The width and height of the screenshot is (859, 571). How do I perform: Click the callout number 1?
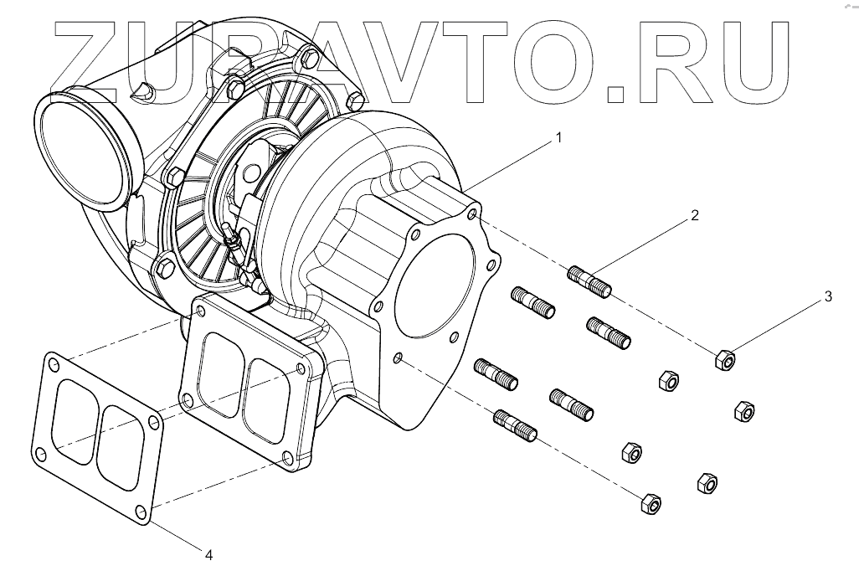click(x=556, y=135)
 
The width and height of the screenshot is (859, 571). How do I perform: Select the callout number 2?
click(x=694, y=215)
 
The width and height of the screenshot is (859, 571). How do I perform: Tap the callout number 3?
click(x=827, y=296)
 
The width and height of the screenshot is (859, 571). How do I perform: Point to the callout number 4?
click(x=209, y=553)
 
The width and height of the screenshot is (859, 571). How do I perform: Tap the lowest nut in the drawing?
click(x=650, y=504)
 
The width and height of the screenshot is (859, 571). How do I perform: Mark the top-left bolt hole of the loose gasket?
click(x=53, y=365)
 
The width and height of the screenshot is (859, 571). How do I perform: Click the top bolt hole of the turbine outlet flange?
click(x=474, y=214)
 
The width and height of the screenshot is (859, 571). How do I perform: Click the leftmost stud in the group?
click(x=494, y=373)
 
